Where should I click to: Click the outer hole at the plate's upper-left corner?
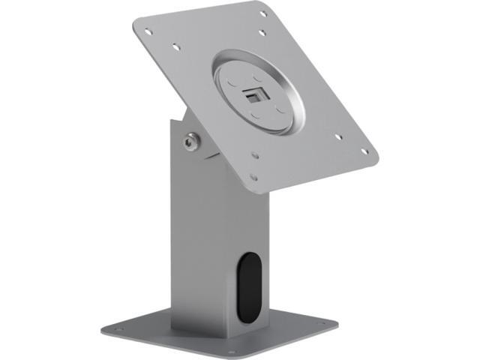coord(148,31)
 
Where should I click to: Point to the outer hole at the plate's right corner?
coord(365,151)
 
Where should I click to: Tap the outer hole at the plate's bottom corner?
coord(253,178)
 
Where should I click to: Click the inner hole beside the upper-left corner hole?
coord(175,46)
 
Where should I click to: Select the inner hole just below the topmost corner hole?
coord(262,32)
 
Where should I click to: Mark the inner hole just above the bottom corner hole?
coord(255,156)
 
